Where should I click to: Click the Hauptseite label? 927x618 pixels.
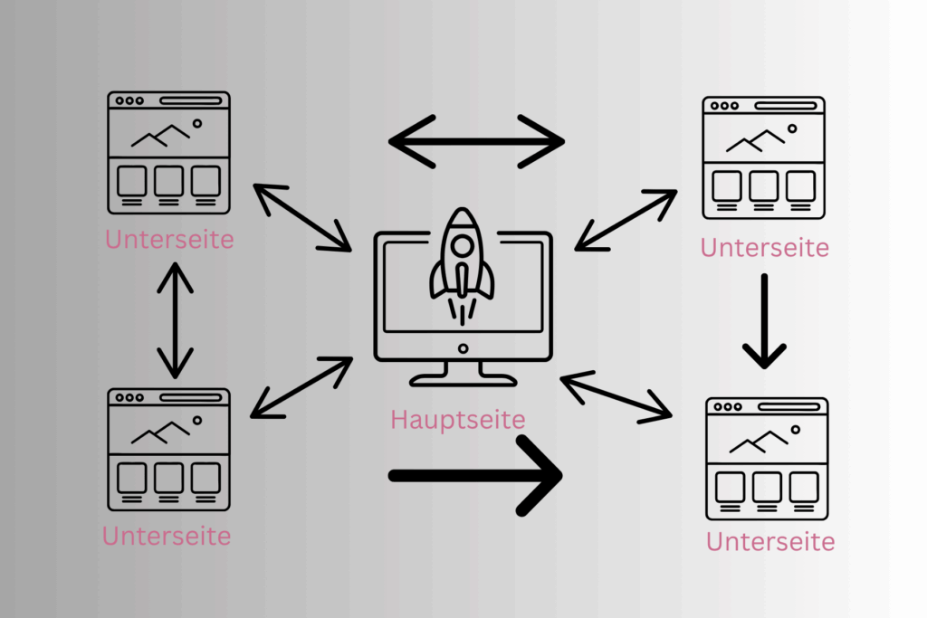coord(457,420)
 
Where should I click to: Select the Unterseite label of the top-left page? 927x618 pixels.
coord(169,239)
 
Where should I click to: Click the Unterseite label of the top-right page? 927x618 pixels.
coord(764,248)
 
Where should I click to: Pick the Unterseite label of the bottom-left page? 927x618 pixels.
coord(167,536)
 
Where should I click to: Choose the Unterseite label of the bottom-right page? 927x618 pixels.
coord(770,542)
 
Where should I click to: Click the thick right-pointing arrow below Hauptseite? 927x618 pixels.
coord(475,476)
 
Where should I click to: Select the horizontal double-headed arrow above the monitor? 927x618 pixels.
coord(476,142)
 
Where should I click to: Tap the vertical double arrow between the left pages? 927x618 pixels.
coord(175,321)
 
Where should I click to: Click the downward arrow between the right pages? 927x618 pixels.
coord(764,321)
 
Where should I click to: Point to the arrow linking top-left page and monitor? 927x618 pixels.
coord(302,217)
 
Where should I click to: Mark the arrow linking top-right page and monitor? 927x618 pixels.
coord(626,221)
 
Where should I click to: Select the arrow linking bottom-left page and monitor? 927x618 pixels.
coord(301,387)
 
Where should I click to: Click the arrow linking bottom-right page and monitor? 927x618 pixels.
coord(616,397)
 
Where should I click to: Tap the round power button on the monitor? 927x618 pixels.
coord(463,348)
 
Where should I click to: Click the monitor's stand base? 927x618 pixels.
coord(463,381)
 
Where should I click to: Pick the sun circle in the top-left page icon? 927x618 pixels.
coord(196,123)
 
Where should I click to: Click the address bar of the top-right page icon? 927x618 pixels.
coord(786,106)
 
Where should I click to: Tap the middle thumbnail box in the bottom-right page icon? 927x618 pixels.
coord(767,487)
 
